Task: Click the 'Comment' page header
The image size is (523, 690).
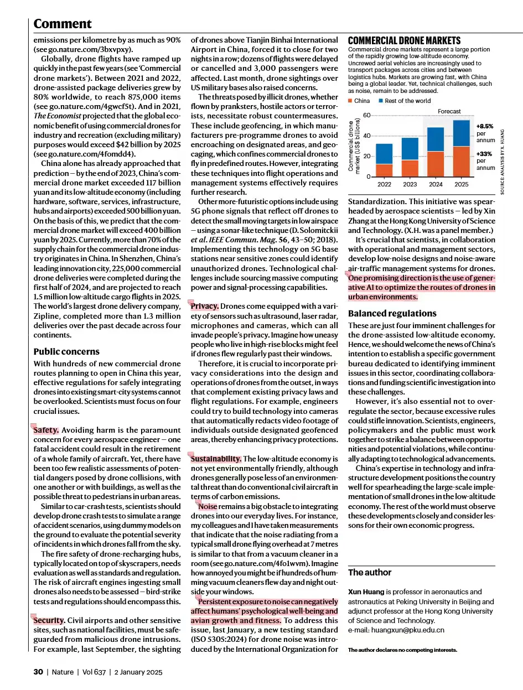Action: coord(63,24)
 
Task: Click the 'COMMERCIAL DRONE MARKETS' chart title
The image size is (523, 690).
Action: coord(404,41)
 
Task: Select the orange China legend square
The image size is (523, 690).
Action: coord(350,101)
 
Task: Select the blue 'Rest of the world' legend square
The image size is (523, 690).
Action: coord(381,101)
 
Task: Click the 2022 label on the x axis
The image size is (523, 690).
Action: coord(384,184)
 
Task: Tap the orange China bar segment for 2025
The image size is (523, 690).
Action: coord(461,161)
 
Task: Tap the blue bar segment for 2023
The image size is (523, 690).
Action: coord(410,149)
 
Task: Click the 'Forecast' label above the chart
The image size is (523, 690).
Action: coord(449,111)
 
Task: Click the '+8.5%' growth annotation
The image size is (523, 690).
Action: coord(485,126)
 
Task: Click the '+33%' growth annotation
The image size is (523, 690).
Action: coord(484,154)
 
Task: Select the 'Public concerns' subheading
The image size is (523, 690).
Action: coord(66,351)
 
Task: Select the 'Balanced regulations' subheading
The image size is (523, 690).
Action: coord(392,313)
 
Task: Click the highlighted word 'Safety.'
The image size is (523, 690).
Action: coord(46,430)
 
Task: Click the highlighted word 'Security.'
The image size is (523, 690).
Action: coord(49,620)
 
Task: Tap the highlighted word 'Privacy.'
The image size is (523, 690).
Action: coord(205,306)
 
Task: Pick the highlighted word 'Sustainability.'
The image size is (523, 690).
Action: coord(216,458)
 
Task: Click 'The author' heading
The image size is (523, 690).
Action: coord(370,572)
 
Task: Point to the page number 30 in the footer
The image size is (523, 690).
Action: coord(38,672)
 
